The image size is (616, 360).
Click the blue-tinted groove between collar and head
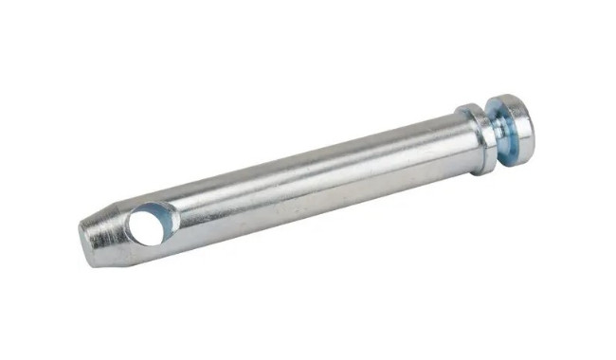click(498, 134)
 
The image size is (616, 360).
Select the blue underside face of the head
click(505, 133)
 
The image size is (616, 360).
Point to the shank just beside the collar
click(445, 142)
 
